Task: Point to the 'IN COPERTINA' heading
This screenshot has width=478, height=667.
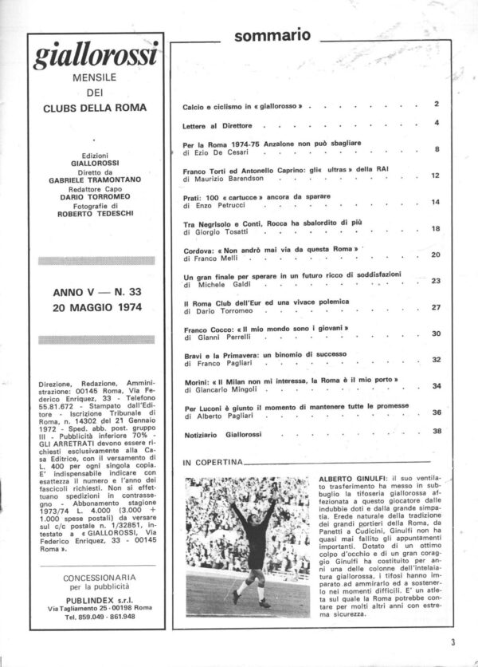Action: (x=212, y=463)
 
